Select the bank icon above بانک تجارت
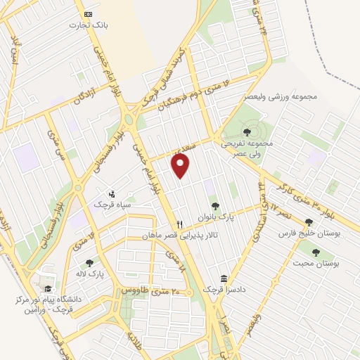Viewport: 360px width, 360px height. pyautogui.click(x=87, y=14)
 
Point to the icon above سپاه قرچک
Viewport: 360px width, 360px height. pyautogui.click(x=111, y=194)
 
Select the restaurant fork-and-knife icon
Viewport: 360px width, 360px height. pyautogui.click(x=180, y=224)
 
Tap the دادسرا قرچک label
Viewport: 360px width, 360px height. pyautogui.click(x=223, y=289)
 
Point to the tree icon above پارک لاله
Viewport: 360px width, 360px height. pyautogui.click(x=89, y=263)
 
